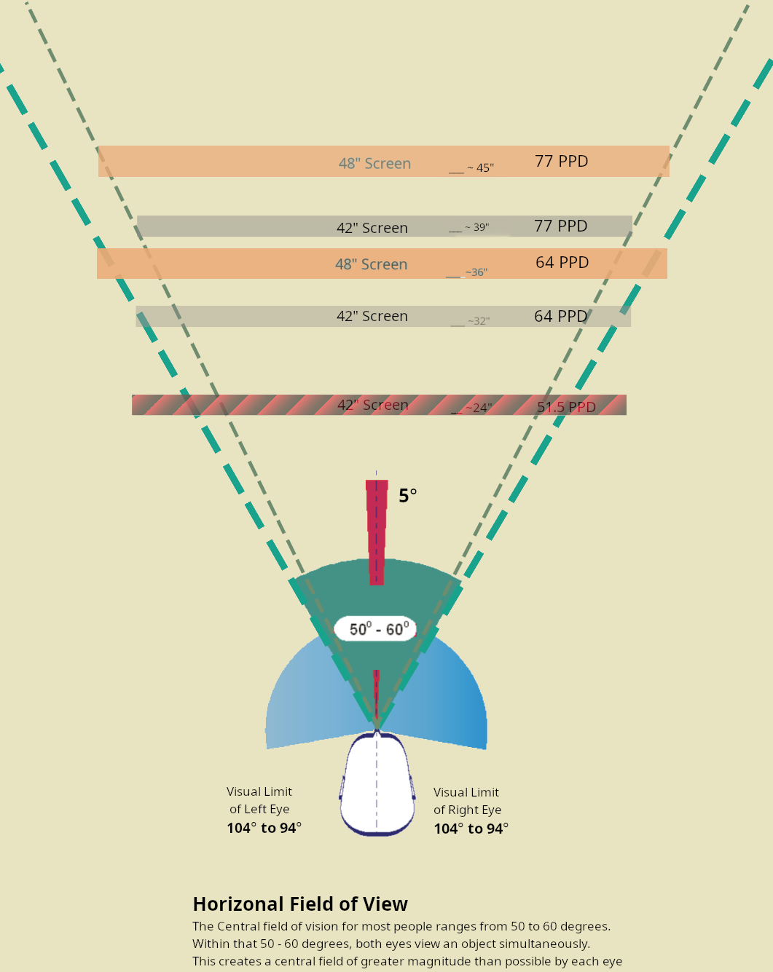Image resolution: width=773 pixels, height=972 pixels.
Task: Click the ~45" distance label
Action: point(481,167)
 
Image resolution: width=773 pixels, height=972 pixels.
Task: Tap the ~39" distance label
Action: point(477,226)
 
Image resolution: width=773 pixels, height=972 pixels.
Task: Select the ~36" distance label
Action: point(476,272)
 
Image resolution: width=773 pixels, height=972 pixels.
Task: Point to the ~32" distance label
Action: point(479,320)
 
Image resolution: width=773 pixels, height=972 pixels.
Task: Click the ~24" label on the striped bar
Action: point(479,408)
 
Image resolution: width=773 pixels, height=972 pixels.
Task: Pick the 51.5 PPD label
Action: point(566,407)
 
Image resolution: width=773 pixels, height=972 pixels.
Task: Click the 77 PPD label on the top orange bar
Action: point(562,161)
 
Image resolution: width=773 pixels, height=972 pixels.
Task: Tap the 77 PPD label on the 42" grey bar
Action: point(561,226)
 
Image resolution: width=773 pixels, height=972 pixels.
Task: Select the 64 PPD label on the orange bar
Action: point(562,262)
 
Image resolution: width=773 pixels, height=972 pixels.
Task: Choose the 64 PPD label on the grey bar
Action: point(561,316)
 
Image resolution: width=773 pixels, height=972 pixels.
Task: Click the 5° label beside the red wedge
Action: point(408,496)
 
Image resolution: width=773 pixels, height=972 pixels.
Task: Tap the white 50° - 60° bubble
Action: point(375,628)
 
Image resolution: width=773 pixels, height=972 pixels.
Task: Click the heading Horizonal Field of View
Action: point(300,904)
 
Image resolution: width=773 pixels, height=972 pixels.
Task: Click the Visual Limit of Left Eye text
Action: point(259,800)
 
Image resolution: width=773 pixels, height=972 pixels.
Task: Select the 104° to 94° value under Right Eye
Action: point(471,829)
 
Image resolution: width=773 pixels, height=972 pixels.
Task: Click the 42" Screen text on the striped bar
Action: point(373,405)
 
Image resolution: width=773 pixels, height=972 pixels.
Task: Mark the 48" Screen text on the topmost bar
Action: point(374,163)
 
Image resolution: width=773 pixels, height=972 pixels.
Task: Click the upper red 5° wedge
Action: point(377,532)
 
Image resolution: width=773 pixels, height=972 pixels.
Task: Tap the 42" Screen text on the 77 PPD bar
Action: point(372,228)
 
